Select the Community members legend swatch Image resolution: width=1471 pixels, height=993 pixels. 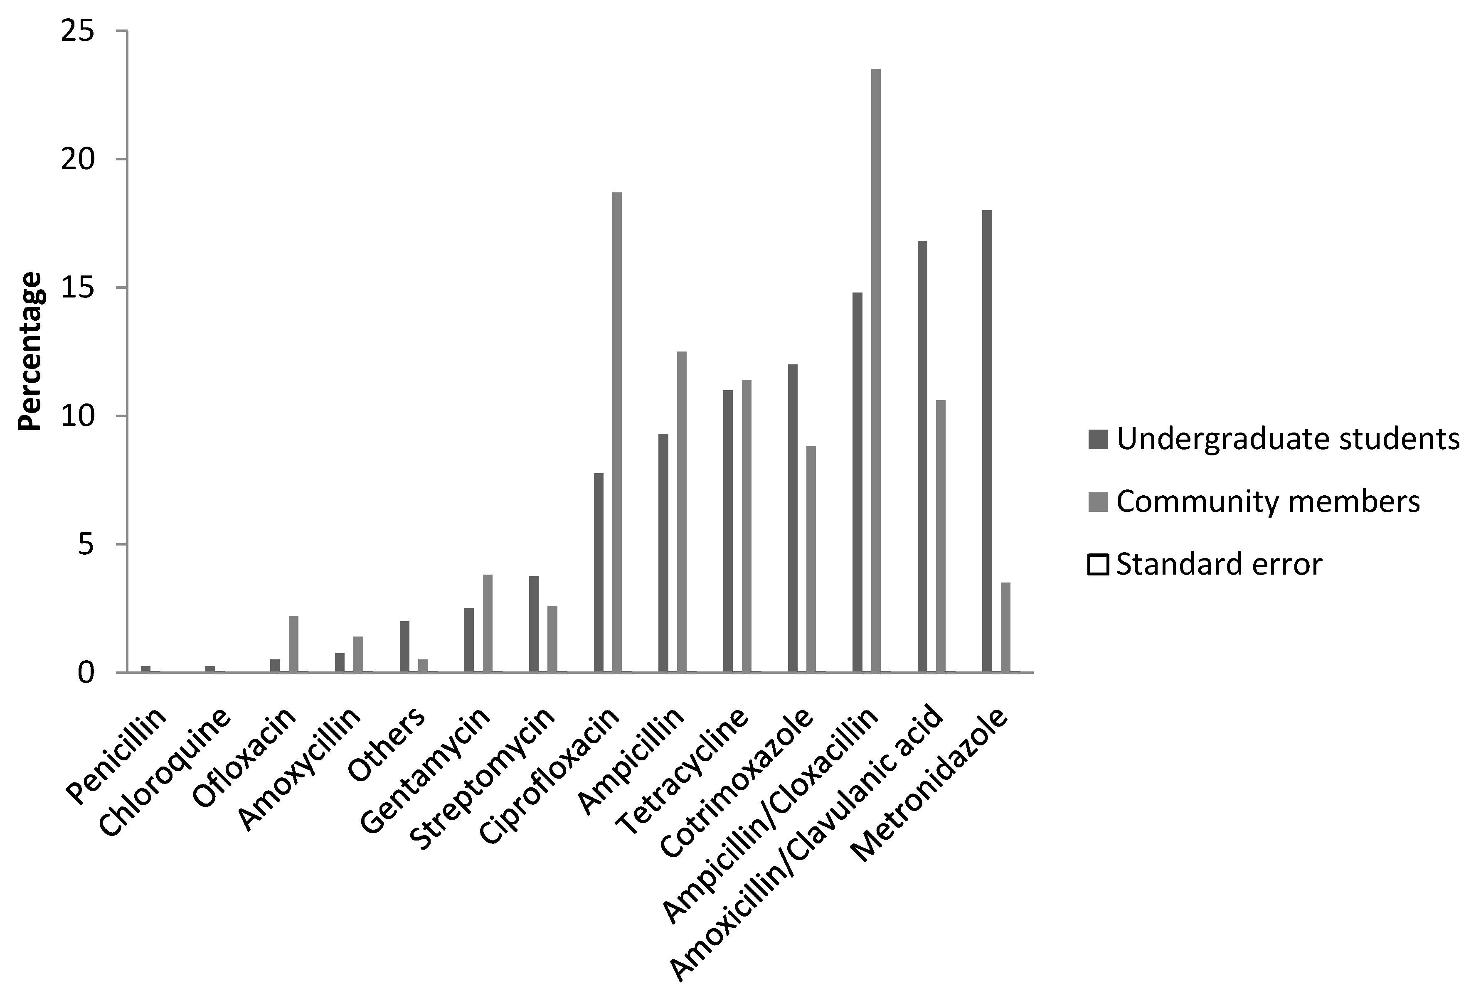tap(1098, 502)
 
